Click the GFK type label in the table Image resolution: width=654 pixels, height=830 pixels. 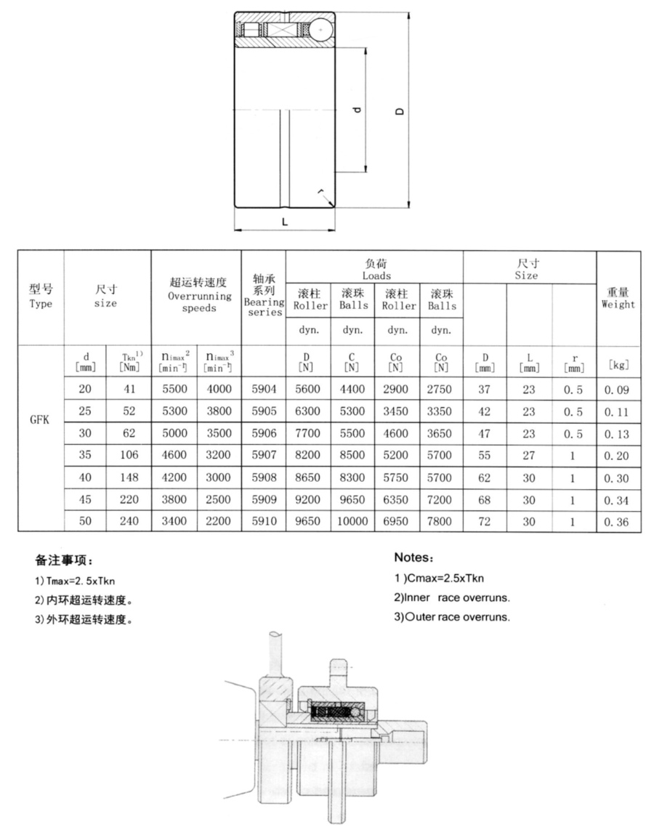coord(40,420)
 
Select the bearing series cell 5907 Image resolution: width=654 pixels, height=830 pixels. coord(264,456)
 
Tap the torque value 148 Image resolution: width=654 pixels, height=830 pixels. coord(129,478)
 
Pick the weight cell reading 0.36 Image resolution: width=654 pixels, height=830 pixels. coord(618,523)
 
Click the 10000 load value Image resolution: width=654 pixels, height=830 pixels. coord(352,523)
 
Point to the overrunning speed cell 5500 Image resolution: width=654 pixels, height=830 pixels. coord(174,390)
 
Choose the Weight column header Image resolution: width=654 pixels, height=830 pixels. coord(618,298)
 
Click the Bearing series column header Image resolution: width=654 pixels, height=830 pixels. coord(264,295)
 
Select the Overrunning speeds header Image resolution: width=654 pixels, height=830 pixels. coord(196,295)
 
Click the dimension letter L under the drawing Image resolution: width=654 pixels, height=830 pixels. coord(284,222)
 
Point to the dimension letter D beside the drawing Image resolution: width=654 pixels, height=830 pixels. coord(399,111)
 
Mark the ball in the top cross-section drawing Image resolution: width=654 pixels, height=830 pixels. coord(323,29)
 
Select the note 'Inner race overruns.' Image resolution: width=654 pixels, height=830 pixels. coord(451,598)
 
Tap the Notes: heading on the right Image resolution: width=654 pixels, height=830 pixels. coord(413,558)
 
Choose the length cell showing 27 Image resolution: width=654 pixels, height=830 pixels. coord(529,456)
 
